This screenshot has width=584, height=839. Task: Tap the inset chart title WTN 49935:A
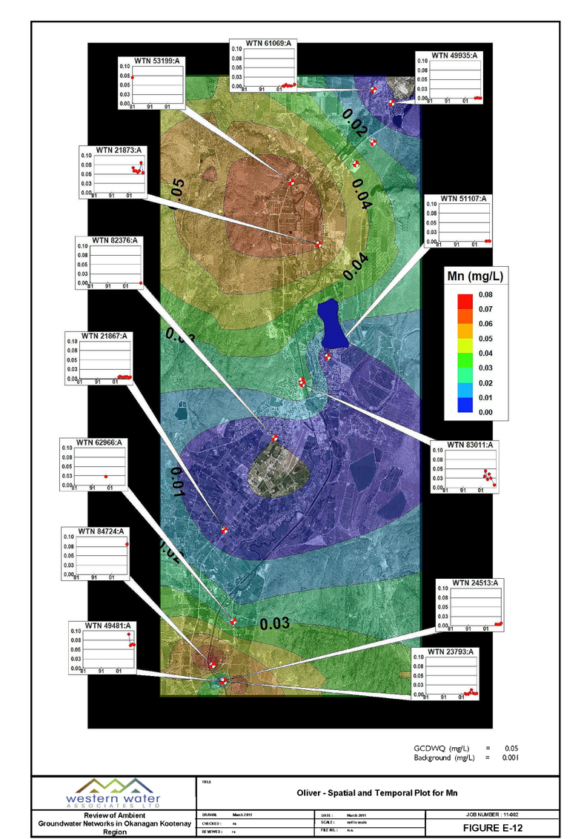coord(454,55)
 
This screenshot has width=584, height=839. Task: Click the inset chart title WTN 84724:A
coord(100,531)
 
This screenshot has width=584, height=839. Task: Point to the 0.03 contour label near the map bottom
coord(273,623)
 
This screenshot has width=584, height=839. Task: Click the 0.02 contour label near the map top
coord(355,123)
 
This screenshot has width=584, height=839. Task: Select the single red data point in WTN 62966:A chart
coord(106,476)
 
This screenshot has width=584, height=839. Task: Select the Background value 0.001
coord(511,757)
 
